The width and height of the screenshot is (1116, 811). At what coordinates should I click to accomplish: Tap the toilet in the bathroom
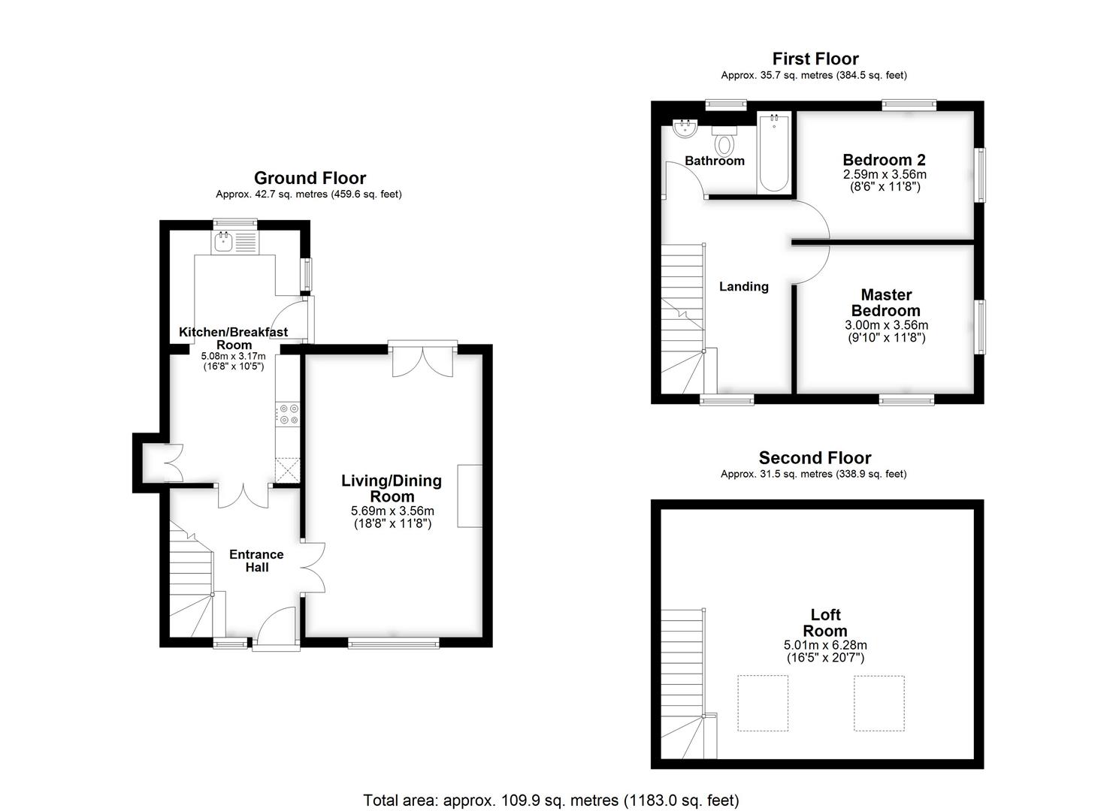724,141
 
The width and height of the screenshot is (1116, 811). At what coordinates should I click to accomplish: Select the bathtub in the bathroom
773,153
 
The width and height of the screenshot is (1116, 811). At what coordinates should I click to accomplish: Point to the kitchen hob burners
288,414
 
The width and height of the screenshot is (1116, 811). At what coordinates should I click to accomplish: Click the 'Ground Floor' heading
310,178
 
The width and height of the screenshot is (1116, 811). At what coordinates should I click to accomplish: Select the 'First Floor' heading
815,59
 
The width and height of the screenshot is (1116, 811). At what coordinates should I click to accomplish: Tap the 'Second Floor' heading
815,458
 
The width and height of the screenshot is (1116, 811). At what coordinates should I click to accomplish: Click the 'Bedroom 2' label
884,160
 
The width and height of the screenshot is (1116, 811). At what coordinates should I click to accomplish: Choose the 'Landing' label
743,286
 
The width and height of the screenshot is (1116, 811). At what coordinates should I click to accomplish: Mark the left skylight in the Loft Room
762,703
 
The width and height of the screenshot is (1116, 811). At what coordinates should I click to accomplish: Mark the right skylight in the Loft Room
879,703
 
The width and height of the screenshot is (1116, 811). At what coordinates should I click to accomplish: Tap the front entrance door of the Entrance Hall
275,626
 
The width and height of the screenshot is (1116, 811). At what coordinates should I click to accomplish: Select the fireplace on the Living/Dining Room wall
470,496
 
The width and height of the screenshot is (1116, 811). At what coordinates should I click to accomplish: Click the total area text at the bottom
551,800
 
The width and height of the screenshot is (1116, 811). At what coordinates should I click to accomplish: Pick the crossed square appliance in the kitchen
287,469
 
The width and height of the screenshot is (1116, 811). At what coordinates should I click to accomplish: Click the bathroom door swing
684,180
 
